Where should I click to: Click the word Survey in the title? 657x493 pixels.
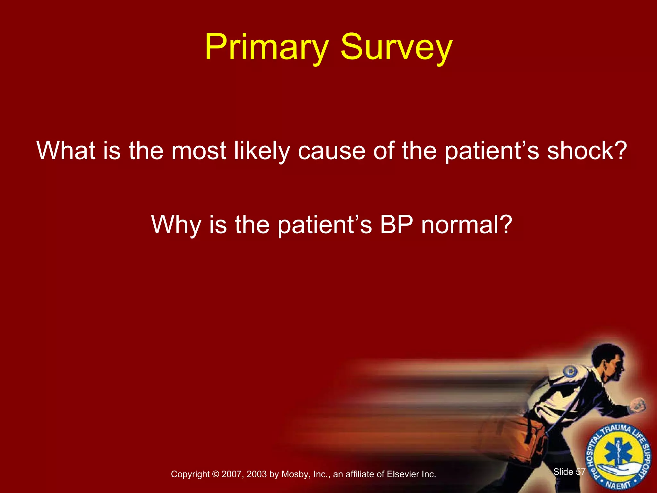coord(396,48)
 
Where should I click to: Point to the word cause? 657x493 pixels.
coord(331,151)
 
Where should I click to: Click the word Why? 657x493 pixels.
coord(176,225)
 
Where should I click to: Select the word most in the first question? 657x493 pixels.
coord(199,151)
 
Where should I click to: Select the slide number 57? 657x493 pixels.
coord(581,471)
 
